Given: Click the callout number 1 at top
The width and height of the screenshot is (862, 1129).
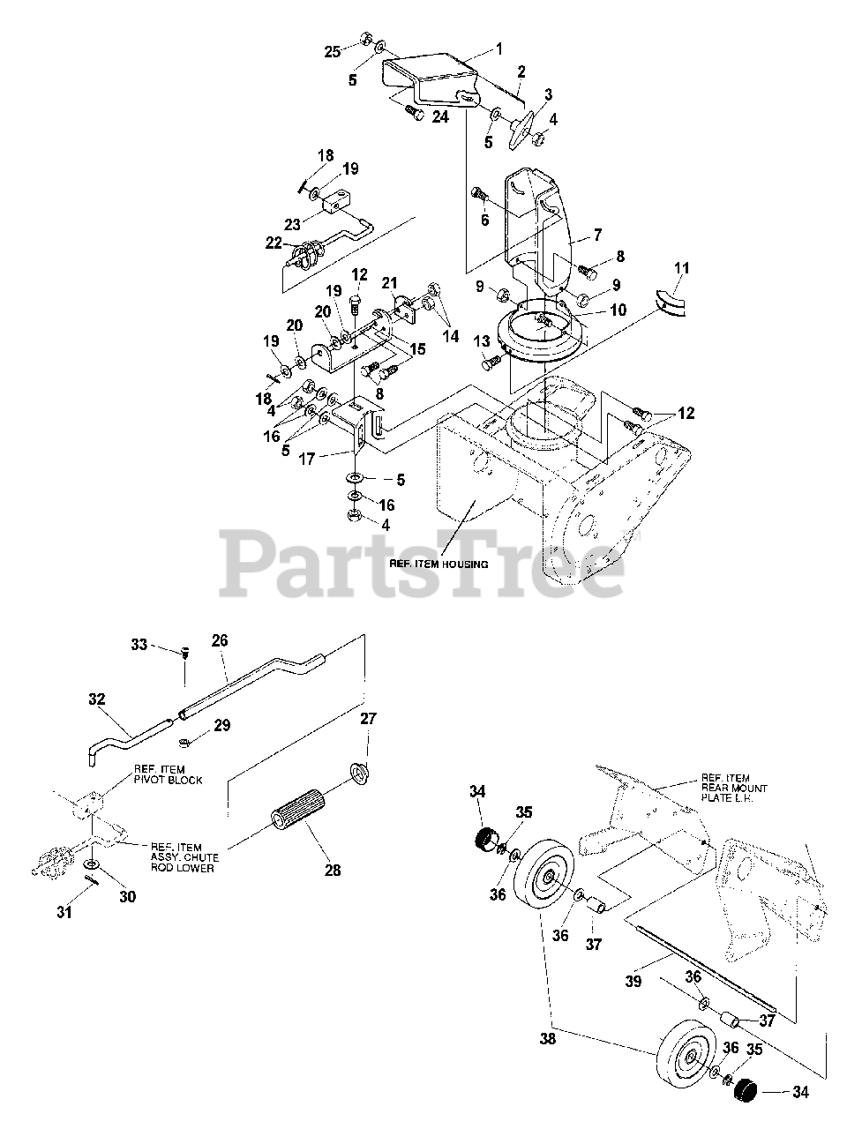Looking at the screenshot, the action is (498, 49).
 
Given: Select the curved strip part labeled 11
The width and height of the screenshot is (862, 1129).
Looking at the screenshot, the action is (675, 300).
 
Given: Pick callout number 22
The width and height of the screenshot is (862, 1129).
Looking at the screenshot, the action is (274, 242).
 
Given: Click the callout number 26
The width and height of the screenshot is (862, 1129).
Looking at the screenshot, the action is (219, 641).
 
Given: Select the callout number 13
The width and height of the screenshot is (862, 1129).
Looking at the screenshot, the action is (481, 340).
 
